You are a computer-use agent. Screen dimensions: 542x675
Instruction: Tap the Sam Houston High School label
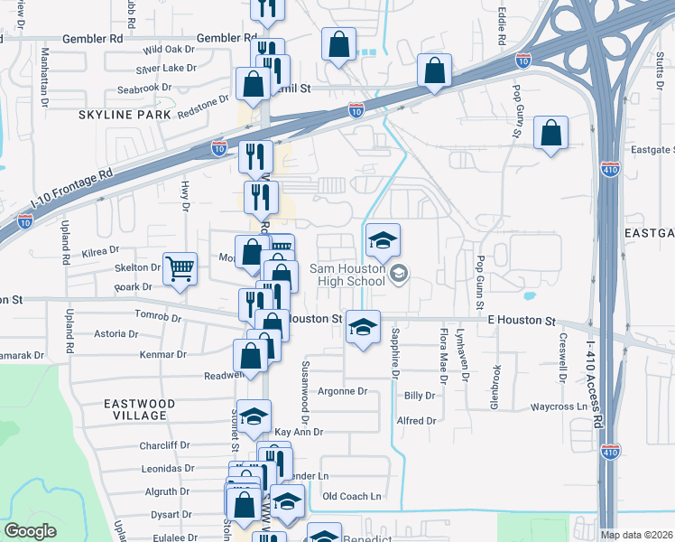tap(348, 275)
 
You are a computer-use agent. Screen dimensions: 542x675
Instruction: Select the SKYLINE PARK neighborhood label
tap(125, 116)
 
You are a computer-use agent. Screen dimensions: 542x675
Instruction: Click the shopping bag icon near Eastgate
tap(550, 133)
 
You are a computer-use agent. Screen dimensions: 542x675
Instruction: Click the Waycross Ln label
tap(559, 407)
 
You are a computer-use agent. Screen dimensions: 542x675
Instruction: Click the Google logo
tap(30, 531)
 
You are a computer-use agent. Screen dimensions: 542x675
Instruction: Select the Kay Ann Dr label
tap(298, 433)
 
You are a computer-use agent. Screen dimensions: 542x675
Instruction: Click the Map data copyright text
tap(635, 535)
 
